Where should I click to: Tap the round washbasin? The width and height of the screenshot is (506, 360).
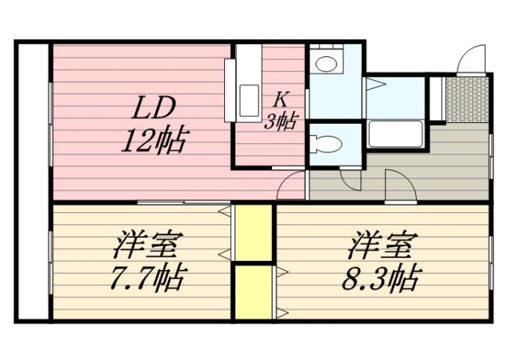pyautogui.click(x=326, y=63)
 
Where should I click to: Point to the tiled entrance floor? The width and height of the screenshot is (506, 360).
pyautogui.click(x=466, y=98)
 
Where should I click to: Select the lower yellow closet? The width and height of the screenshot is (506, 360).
pyautogui.click(x=253, y=291)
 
